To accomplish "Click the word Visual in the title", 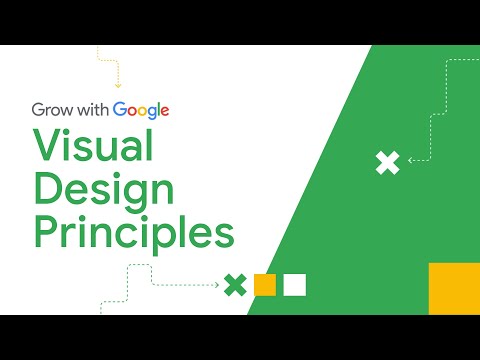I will click(x=93, y=148).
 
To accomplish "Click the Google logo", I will click(x=140, y=110).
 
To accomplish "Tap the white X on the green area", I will click(x=387, y=162).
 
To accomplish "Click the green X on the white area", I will click(x=235, y=285).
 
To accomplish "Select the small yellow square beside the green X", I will click(x=265, y=285).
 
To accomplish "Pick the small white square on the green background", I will click(x=294, y=285).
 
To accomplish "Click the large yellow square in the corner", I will click(x=454, y=289).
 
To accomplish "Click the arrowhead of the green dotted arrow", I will click(x=217, y=285).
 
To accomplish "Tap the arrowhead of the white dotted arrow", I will click(x=409, y=160).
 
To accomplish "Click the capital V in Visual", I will click(x=48, y=148).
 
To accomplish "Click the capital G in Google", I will click(x=120, y=110).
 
